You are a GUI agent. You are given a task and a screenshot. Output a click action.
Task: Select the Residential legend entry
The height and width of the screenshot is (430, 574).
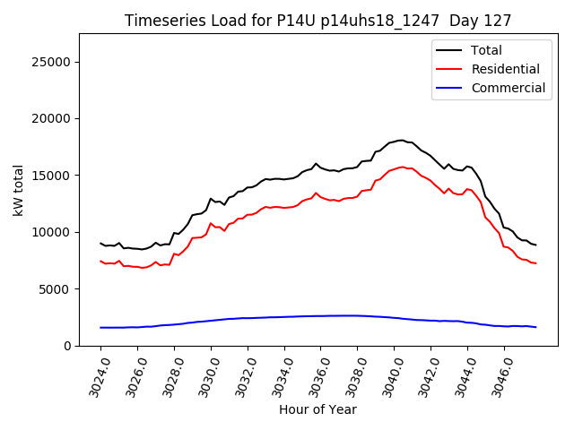pos(505,69)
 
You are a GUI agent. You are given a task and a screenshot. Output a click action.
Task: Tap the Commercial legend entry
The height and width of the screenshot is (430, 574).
pos(508,88)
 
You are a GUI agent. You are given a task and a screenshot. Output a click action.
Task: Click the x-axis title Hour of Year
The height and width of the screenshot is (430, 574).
pos(317,409)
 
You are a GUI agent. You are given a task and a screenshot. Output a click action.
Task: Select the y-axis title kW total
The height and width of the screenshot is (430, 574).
pos(18,190)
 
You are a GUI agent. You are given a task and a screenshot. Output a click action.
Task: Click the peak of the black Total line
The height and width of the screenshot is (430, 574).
pos(400,141)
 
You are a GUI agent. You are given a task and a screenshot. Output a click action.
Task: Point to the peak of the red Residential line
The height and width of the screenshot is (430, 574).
pos(400,167)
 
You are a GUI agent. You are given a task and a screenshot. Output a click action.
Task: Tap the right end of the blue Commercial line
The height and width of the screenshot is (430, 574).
pos(535,327)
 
